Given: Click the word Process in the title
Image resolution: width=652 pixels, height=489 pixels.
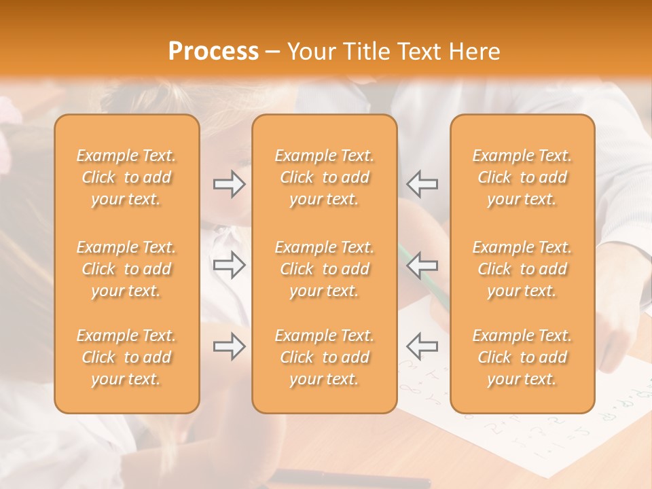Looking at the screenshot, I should (213, 52).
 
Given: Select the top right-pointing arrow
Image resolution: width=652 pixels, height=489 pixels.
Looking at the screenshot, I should (229, 184).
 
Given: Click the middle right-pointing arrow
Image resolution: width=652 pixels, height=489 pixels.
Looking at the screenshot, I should (229, 265).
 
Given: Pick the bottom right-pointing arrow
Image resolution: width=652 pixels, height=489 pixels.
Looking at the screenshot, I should (229, 346).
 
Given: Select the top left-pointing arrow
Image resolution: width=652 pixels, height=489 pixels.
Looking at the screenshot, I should (422, 184).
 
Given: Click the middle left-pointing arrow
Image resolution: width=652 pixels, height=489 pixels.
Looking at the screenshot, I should (422, 265).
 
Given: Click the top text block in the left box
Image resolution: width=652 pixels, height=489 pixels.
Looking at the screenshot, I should (126, 177).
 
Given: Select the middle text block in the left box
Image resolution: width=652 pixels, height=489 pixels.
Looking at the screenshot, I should (126, 269).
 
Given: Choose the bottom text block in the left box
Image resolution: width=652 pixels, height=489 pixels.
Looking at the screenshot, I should (126, 357).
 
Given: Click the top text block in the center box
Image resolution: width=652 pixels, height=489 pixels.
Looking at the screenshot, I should (325, 177).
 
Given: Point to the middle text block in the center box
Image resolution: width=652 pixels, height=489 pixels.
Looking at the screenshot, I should (325, 269).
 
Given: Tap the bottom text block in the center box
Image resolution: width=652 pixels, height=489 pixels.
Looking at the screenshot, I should (325, 357).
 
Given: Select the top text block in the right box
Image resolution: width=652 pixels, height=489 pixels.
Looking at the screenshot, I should (522, 177).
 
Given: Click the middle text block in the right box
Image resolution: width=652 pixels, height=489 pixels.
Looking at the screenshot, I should (522, 269).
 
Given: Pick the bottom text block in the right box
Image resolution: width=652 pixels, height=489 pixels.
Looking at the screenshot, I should (522, 357).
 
